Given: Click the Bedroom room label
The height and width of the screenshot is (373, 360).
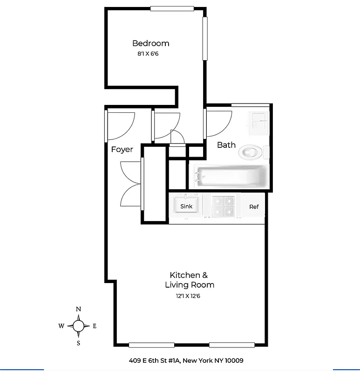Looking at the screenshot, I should [x=150, y=43].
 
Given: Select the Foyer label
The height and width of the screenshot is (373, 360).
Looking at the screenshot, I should [x=122, y=150].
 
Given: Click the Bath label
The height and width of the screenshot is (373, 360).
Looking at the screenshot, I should [x=226, y=145].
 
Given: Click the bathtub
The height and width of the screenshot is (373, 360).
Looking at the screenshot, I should [x=231, y=176].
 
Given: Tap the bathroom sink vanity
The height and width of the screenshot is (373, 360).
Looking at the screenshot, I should [x=259, y=122].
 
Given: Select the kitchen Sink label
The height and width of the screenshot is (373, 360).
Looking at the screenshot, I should [x=186, y=206].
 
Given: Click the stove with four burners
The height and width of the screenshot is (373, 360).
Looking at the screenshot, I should [x=223, y=206].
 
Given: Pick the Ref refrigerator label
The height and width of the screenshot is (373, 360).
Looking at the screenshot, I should [x=254, y=207].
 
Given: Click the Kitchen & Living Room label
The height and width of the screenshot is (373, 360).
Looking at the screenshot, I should [x=189, y=280].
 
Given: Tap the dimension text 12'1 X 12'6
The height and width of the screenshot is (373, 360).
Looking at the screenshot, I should [x=189, y=296].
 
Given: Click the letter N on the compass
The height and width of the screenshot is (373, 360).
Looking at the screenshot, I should [x=79, y=309].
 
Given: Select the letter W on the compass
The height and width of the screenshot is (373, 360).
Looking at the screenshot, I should [x=61, y=326].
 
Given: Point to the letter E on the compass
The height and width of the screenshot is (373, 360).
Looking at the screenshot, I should [x=95, y=326].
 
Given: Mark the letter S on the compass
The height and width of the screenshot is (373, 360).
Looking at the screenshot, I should [x=78, y=343].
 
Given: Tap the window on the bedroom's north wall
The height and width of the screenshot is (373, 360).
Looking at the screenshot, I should [x=172, y=8].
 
